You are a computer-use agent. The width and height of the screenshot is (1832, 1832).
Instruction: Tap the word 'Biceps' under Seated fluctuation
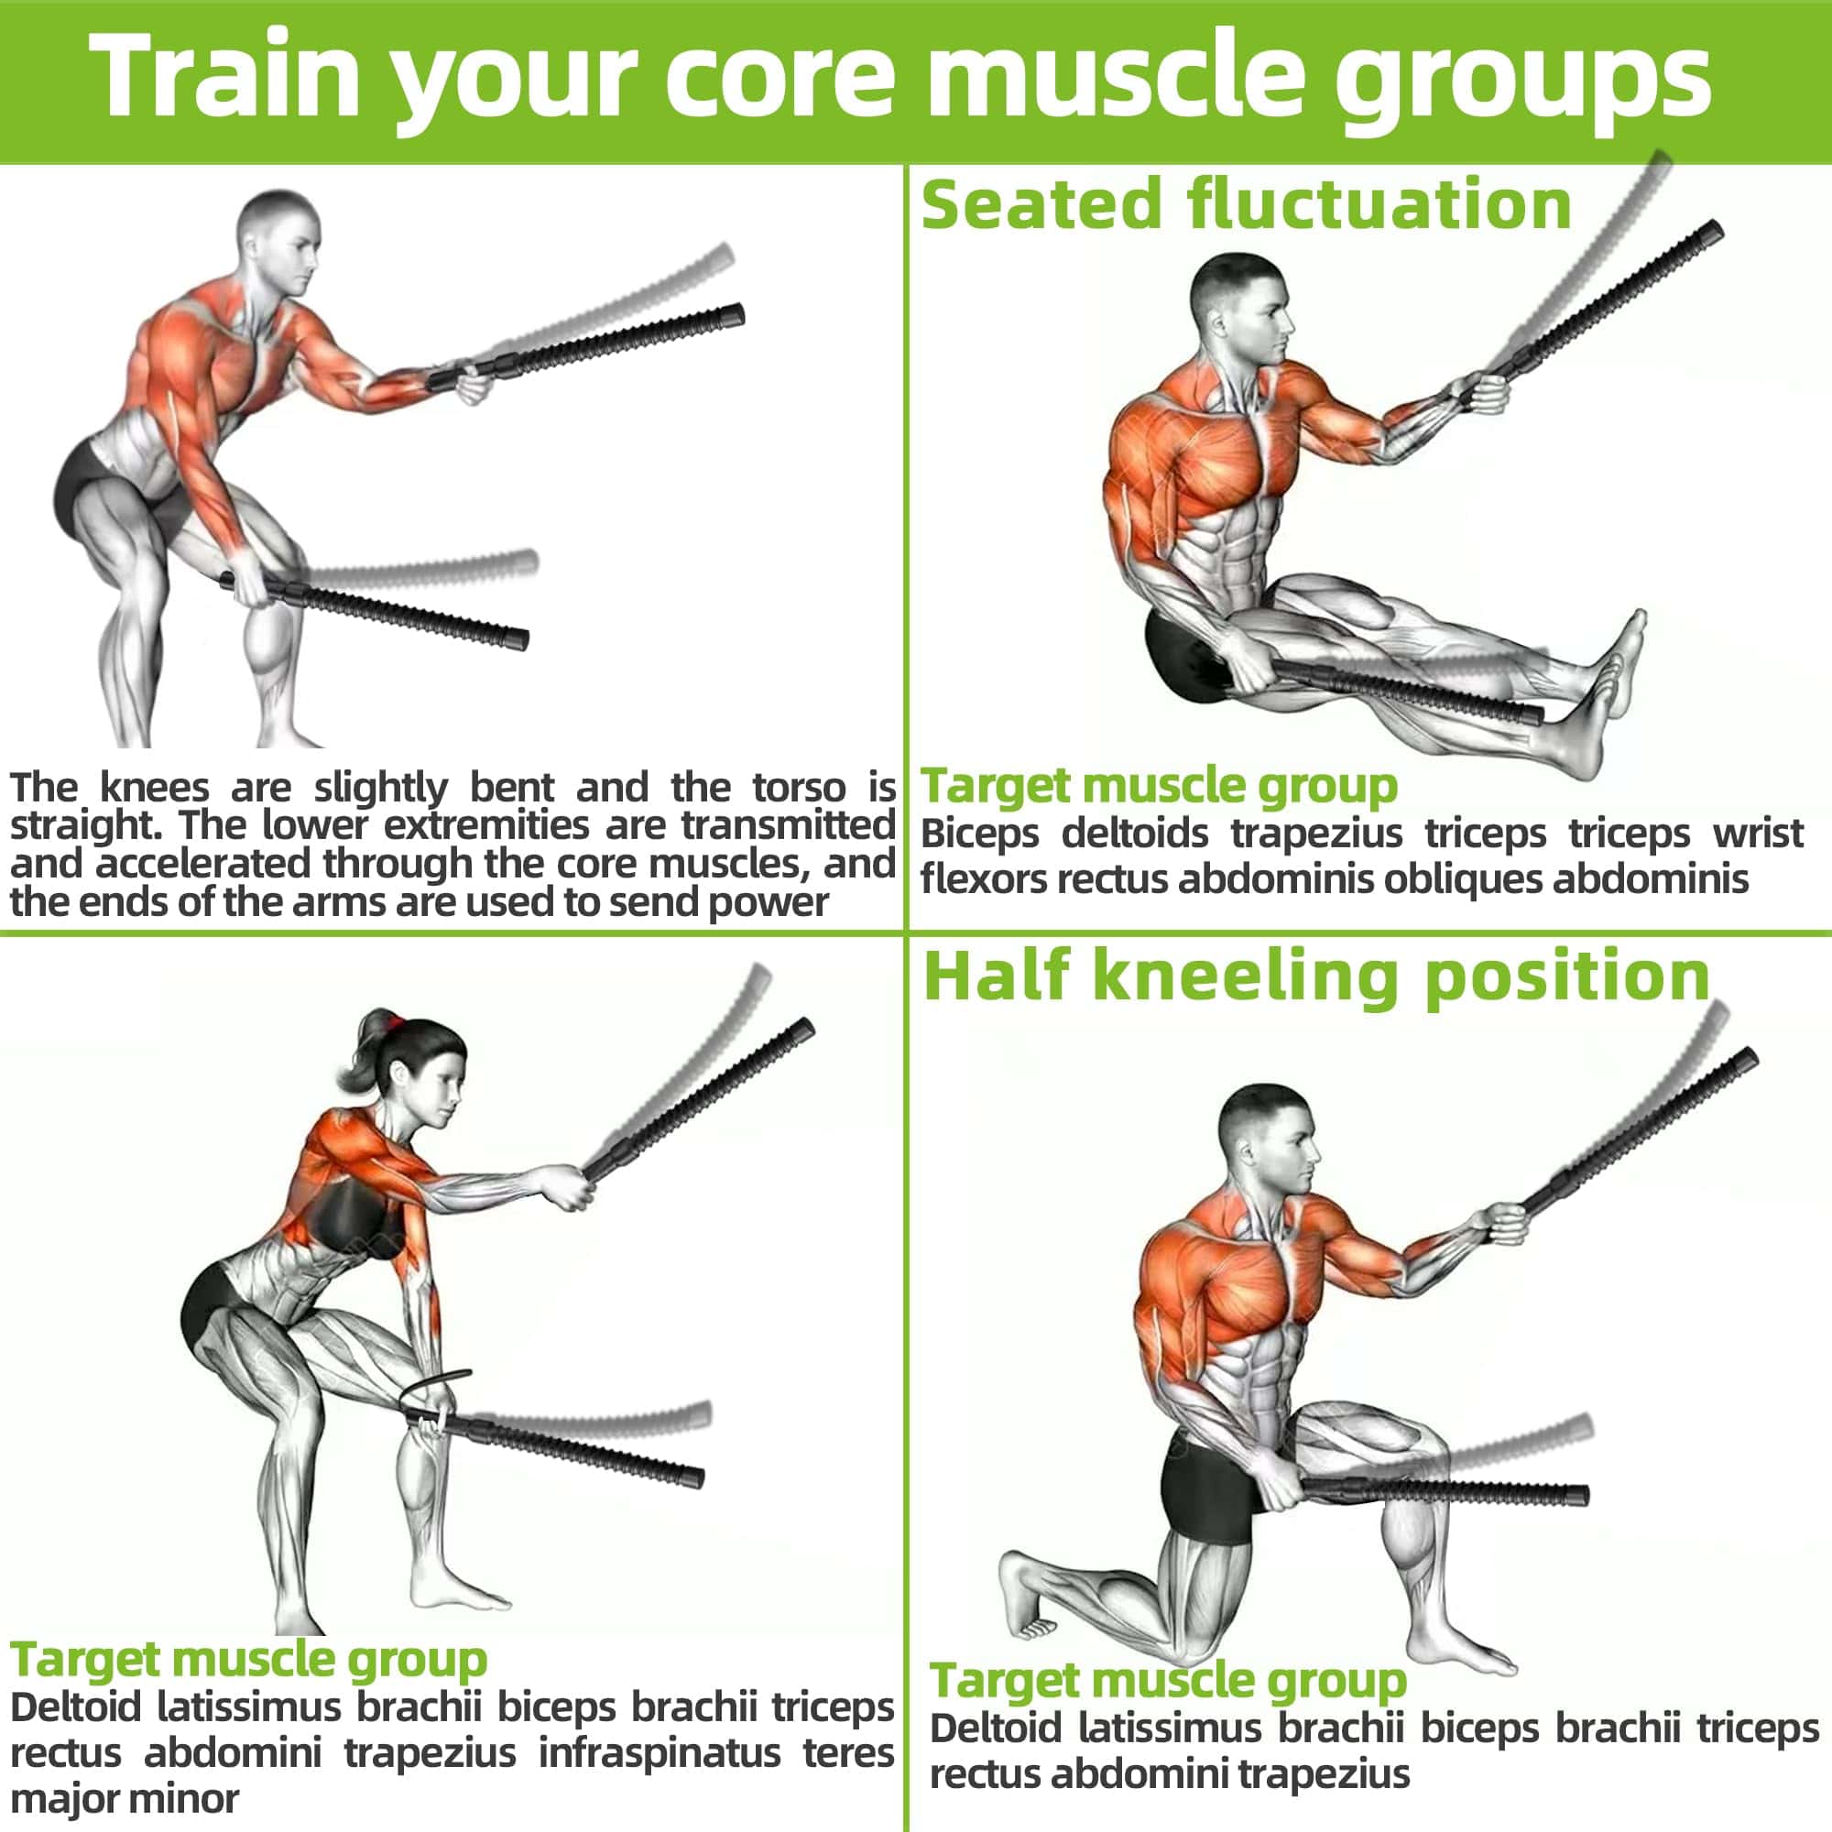click(x=979, y=835)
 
